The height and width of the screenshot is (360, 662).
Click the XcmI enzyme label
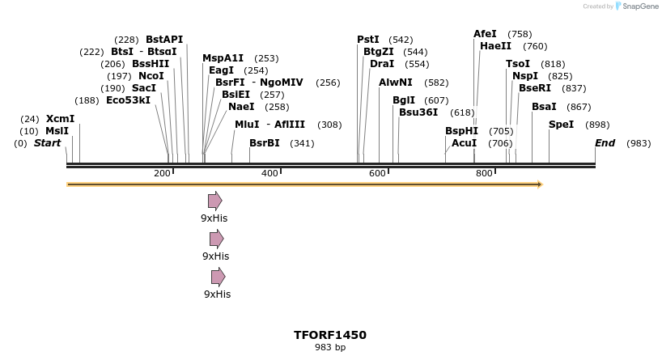[x=60, y=119]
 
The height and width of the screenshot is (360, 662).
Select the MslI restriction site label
[x=57, y=131]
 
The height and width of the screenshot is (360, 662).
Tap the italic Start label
[x=47, y=143]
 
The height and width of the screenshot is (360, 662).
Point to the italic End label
[x=605, y=143]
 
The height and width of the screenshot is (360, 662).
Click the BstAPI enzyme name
[x=164, y=39]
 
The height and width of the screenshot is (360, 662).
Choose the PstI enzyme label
[x=368, y=39]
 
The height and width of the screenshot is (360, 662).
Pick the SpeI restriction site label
[x=561, y=125]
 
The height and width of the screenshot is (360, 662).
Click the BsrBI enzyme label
[x=264, y=143]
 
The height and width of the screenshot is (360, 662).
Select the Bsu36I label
[x=418, y=112]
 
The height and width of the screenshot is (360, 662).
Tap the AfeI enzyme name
[x=485, y=34]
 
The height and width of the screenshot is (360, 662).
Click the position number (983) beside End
[x=639, y=143]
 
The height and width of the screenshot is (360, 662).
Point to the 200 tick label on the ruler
[x=162, y=174]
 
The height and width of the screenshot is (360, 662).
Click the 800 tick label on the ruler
[x=484, y=174]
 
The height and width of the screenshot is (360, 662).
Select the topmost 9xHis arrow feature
[x=215, y=201]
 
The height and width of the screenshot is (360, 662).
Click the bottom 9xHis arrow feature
[x=218, y=277]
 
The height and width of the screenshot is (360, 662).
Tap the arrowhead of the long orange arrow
[x=537, y=184]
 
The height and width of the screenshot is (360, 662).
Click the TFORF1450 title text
[x=330, y=334]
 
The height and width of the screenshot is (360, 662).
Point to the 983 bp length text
[x=330, y=347]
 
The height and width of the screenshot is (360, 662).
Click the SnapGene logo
[x=638, y=6]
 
